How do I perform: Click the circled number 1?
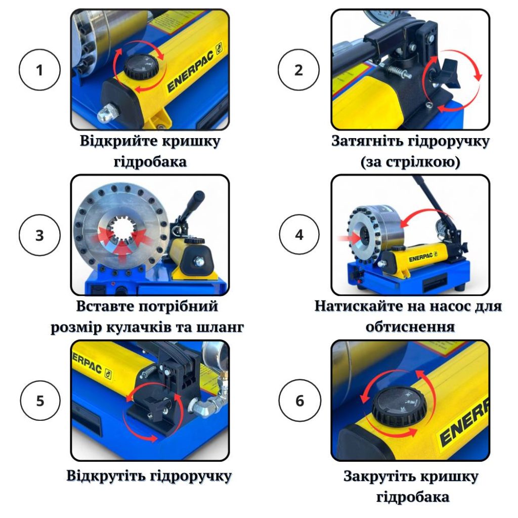(39, 70)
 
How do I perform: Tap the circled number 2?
(299, 70)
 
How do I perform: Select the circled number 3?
(39, 236)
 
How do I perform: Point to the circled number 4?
(299, 236)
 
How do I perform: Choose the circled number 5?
(39, 401)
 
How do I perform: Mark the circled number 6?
(299, 401)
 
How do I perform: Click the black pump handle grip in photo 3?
(193, 202)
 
